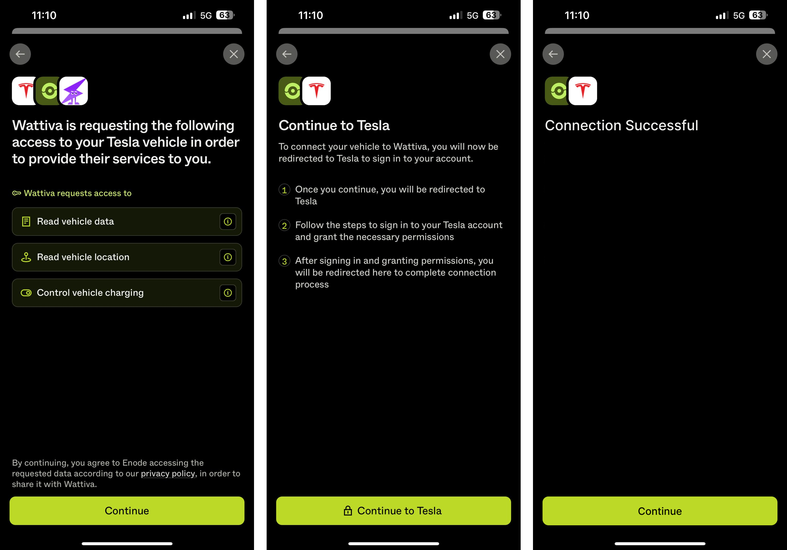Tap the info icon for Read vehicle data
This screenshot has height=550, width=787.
click(x=228, y=222)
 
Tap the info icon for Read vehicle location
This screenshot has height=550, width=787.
click(x=228, y=257)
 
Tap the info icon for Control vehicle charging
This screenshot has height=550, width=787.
click(x=228, y=293)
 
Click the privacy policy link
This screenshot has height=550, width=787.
click(x=168, y=473)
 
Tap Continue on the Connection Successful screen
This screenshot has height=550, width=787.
click(x=660, y=511)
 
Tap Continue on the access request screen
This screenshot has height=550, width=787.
click(x=127, y=511)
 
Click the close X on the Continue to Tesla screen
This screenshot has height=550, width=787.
click(x=500, y=54)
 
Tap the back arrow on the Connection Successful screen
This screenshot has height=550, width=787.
click(x=553, y=54)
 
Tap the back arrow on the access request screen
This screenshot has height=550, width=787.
click(x=20, y=54)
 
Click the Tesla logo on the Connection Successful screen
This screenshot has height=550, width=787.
click(x=583, y=91)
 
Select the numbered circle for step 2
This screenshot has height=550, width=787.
click(x=284, y=225)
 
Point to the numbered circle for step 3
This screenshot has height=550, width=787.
click(x=284, y=261)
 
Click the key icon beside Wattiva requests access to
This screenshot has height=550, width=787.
click(x=16, y=193)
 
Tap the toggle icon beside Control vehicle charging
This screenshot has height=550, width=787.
click(x=26, y=293)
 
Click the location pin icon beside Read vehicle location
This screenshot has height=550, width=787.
click(x=26, y=257)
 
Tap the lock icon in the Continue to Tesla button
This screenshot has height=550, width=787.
click(x=348, y=511)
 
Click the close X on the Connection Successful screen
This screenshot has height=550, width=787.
click(x=766, y=54)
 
